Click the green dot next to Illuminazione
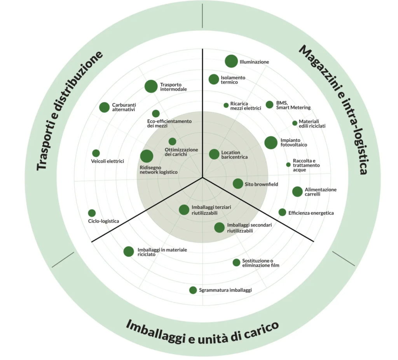(x=231, y=61)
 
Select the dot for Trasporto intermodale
(x=151, y=86)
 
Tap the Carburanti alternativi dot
(x=104, y=107)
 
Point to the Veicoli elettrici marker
(x=96, y=153)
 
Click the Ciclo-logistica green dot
(x=92, y=213)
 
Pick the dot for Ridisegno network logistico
(x=147, y=156)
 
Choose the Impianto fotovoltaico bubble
(x=271, y=143)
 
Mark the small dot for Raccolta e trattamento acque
(x=288, y=165)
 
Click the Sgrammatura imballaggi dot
(x=193, y=290)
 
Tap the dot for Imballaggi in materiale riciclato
(x=129, y=252)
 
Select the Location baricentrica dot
(x=214, y=154)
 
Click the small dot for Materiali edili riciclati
(x=295, y=123)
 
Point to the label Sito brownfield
(x=261, y=184)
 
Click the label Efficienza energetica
(x=311, y=213)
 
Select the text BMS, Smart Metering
(x=293, y=105)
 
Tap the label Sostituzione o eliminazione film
(x=261, y=263)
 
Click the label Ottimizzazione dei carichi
(x=181, y=152)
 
